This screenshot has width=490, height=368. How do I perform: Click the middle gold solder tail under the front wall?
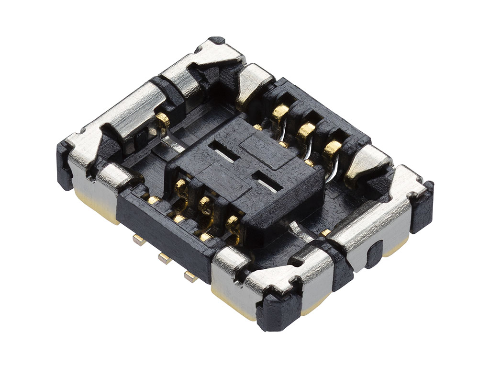tap(164, 258)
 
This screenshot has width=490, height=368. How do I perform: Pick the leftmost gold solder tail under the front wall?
tap(139, 240)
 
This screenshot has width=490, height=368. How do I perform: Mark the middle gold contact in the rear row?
tap(305, 130)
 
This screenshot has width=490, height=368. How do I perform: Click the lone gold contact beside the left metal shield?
tap(162, 118)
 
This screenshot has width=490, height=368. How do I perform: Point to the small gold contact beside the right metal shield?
tap(326, 232)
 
